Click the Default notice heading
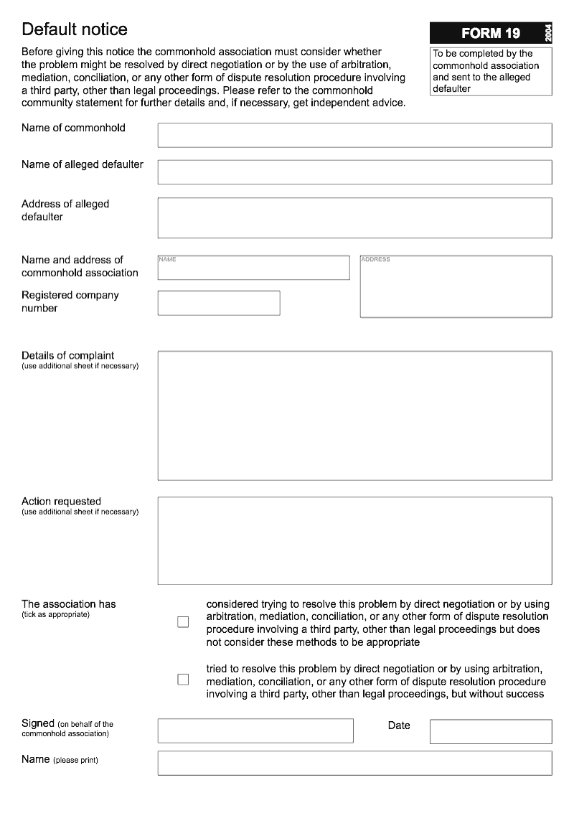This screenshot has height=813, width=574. click(x=75, y=29)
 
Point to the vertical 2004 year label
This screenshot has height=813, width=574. click(x=547, y=33)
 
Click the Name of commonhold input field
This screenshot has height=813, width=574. click(x=354, y=135)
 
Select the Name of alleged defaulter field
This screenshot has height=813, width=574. click(x=354, y=172)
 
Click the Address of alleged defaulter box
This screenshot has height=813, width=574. click(x=354, y=217)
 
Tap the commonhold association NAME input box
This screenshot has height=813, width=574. click(x=253, y=268)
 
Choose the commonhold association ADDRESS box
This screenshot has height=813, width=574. click(x=456, y=286)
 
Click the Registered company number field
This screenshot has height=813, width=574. click(x=219, y=303)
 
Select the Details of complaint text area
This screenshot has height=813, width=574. click(x=354, y=415)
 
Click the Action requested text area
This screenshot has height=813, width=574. click(x=354, y=540)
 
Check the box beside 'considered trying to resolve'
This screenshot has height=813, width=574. click(x=183, y=622)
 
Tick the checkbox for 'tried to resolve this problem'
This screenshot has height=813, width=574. click(x=183, y=680)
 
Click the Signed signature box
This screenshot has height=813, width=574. click(x=255, y=730)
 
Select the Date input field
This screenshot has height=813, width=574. click(x=491, y=731)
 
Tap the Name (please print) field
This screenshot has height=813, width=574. click(x=354, y=763)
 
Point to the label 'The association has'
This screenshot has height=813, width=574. click(x=69, y=604)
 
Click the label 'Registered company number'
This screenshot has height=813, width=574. click(x=70, y=301)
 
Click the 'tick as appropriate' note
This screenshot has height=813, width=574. click(x=55, y=615)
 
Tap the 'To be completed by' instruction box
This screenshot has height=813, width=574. click(x=491, y=71)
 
